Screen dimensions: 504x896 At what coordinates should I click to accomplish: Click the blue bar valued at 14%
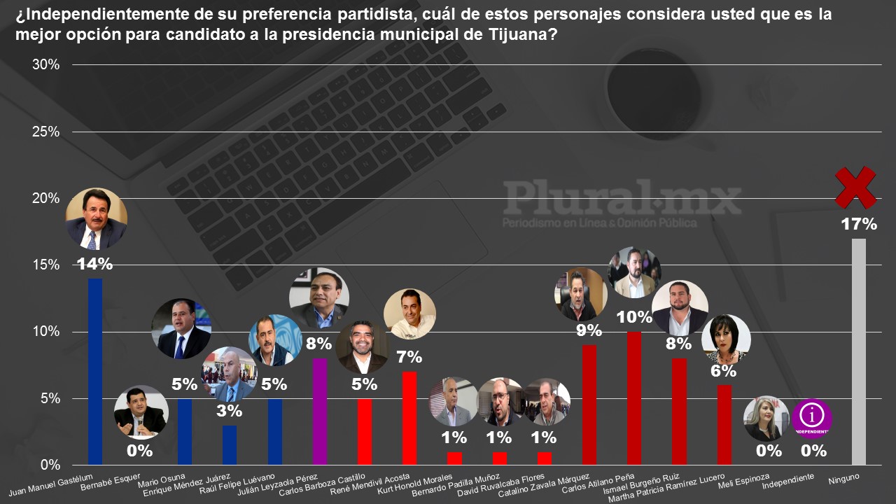(x=94, y=371)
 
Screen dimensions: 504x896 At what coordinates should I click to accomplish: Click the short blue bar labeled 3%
(x=229, y=444)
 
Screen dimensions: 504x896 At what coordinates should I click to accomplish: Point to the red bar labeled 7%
(x=409, y=418)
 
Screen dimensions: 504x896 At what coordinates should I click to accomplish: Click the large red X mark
(x=855, y=188)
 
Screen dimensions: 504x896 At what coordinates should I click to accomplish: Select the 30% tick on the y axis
(x=46, y=65)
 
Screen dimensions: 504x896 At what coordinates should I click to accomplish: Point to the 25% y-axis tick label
(x=46, y=132)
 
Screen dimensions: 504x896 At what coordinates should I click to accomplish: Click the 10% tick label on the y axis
(x=46, y=332)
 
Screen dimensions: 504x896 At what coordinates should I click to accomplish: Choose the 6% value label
(x=724, y=371)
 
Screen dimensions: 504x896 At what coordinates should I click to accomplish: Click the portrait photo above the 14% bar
(x=96, y=219)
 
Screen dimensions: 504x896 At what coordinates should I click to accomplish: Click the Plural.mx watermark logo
(x=622, y=199)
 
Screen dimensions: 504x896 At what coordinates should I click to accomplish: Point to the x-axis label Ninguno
(x=843, y=478)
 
